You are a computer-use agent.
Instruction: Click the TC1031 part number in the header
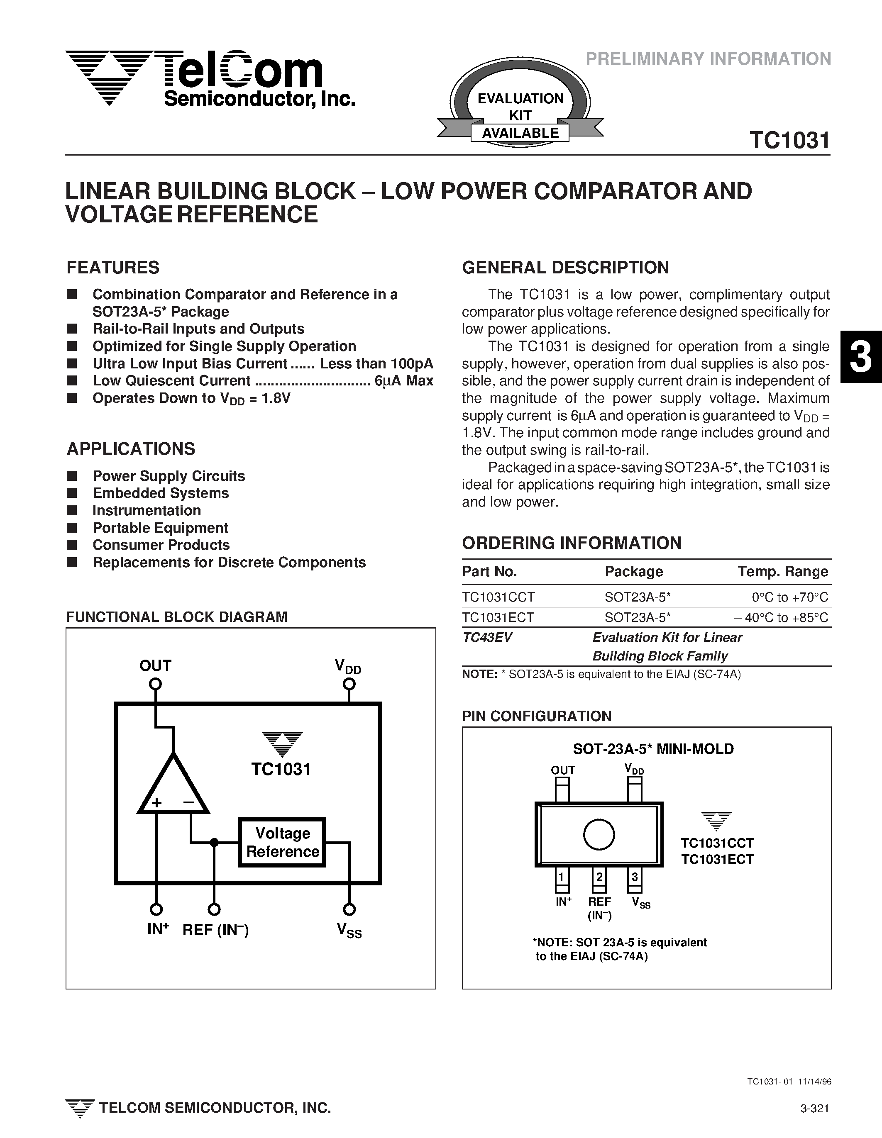(789, 141)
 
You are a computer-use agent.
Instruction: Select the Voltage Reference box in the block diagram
(282, 843)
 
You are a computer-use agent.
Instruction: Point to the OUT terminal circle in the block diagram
(155, 684)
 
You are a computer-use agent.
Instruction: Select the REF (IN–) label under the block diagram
(215, 930)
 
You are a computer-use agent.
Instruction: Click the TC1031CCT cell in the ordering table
(498, 597)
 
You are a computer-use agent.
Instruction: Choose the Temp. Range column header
(782, 572)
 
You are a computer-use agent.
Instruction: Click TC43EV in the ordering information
(487, 637)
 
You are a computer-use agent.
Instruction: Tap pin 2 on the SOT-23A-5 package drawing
(599, 880)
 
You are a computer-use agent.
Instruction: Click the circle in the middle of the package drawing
(599, 835)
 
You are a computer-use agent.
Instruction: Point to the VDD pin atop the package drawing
(634, 790)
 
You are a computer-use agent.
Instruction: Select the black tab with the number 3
(861, 357)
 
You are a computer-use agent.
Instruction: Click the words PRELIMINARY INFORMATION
(708, 59)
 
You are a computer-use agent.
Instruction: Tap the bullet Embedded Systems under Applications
(161, 493)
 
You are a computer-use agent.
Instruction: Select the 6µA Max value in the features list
(403, 381)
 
